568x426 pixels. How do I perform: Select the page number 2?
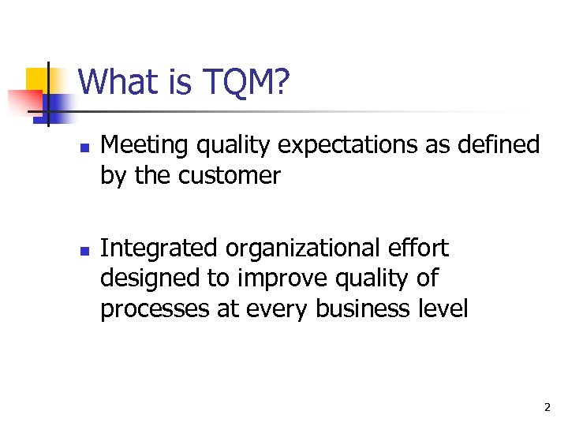pyautogui.click(x=546, y=408)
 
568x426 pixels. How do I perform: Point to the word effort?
pyautogui.click(x=420, y=248)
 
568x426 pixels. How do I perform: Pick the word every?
pyautogui.click(x=278, y=309)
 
